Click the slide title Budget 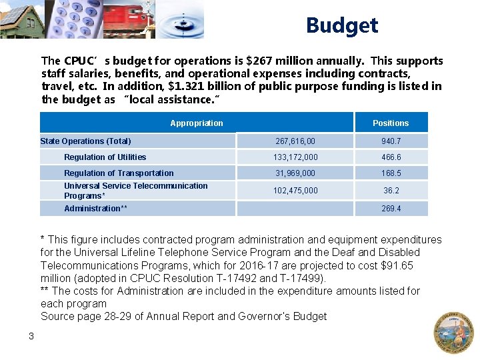(342, 26)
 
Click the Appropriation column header (197, 123)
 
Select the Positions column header (391, 123)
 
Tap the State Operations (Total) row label (86, 141)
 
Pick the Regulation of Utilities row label (105, 157)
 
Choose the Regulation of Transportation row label (119, 173)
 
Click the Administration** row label (95, 209)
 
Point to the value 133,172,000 (295, 157)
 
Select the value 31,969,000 (295, 173)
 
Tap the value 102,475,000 (295, 191)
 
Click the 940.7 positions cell (391, 141)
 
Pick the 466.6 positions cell (391, 157)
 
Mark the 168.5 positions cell (391, 173)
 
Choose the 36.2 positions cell (391, 191)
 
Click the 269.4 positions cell (391, 209)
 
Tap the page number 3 (31, 336)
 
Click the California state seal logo (453, 331)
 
